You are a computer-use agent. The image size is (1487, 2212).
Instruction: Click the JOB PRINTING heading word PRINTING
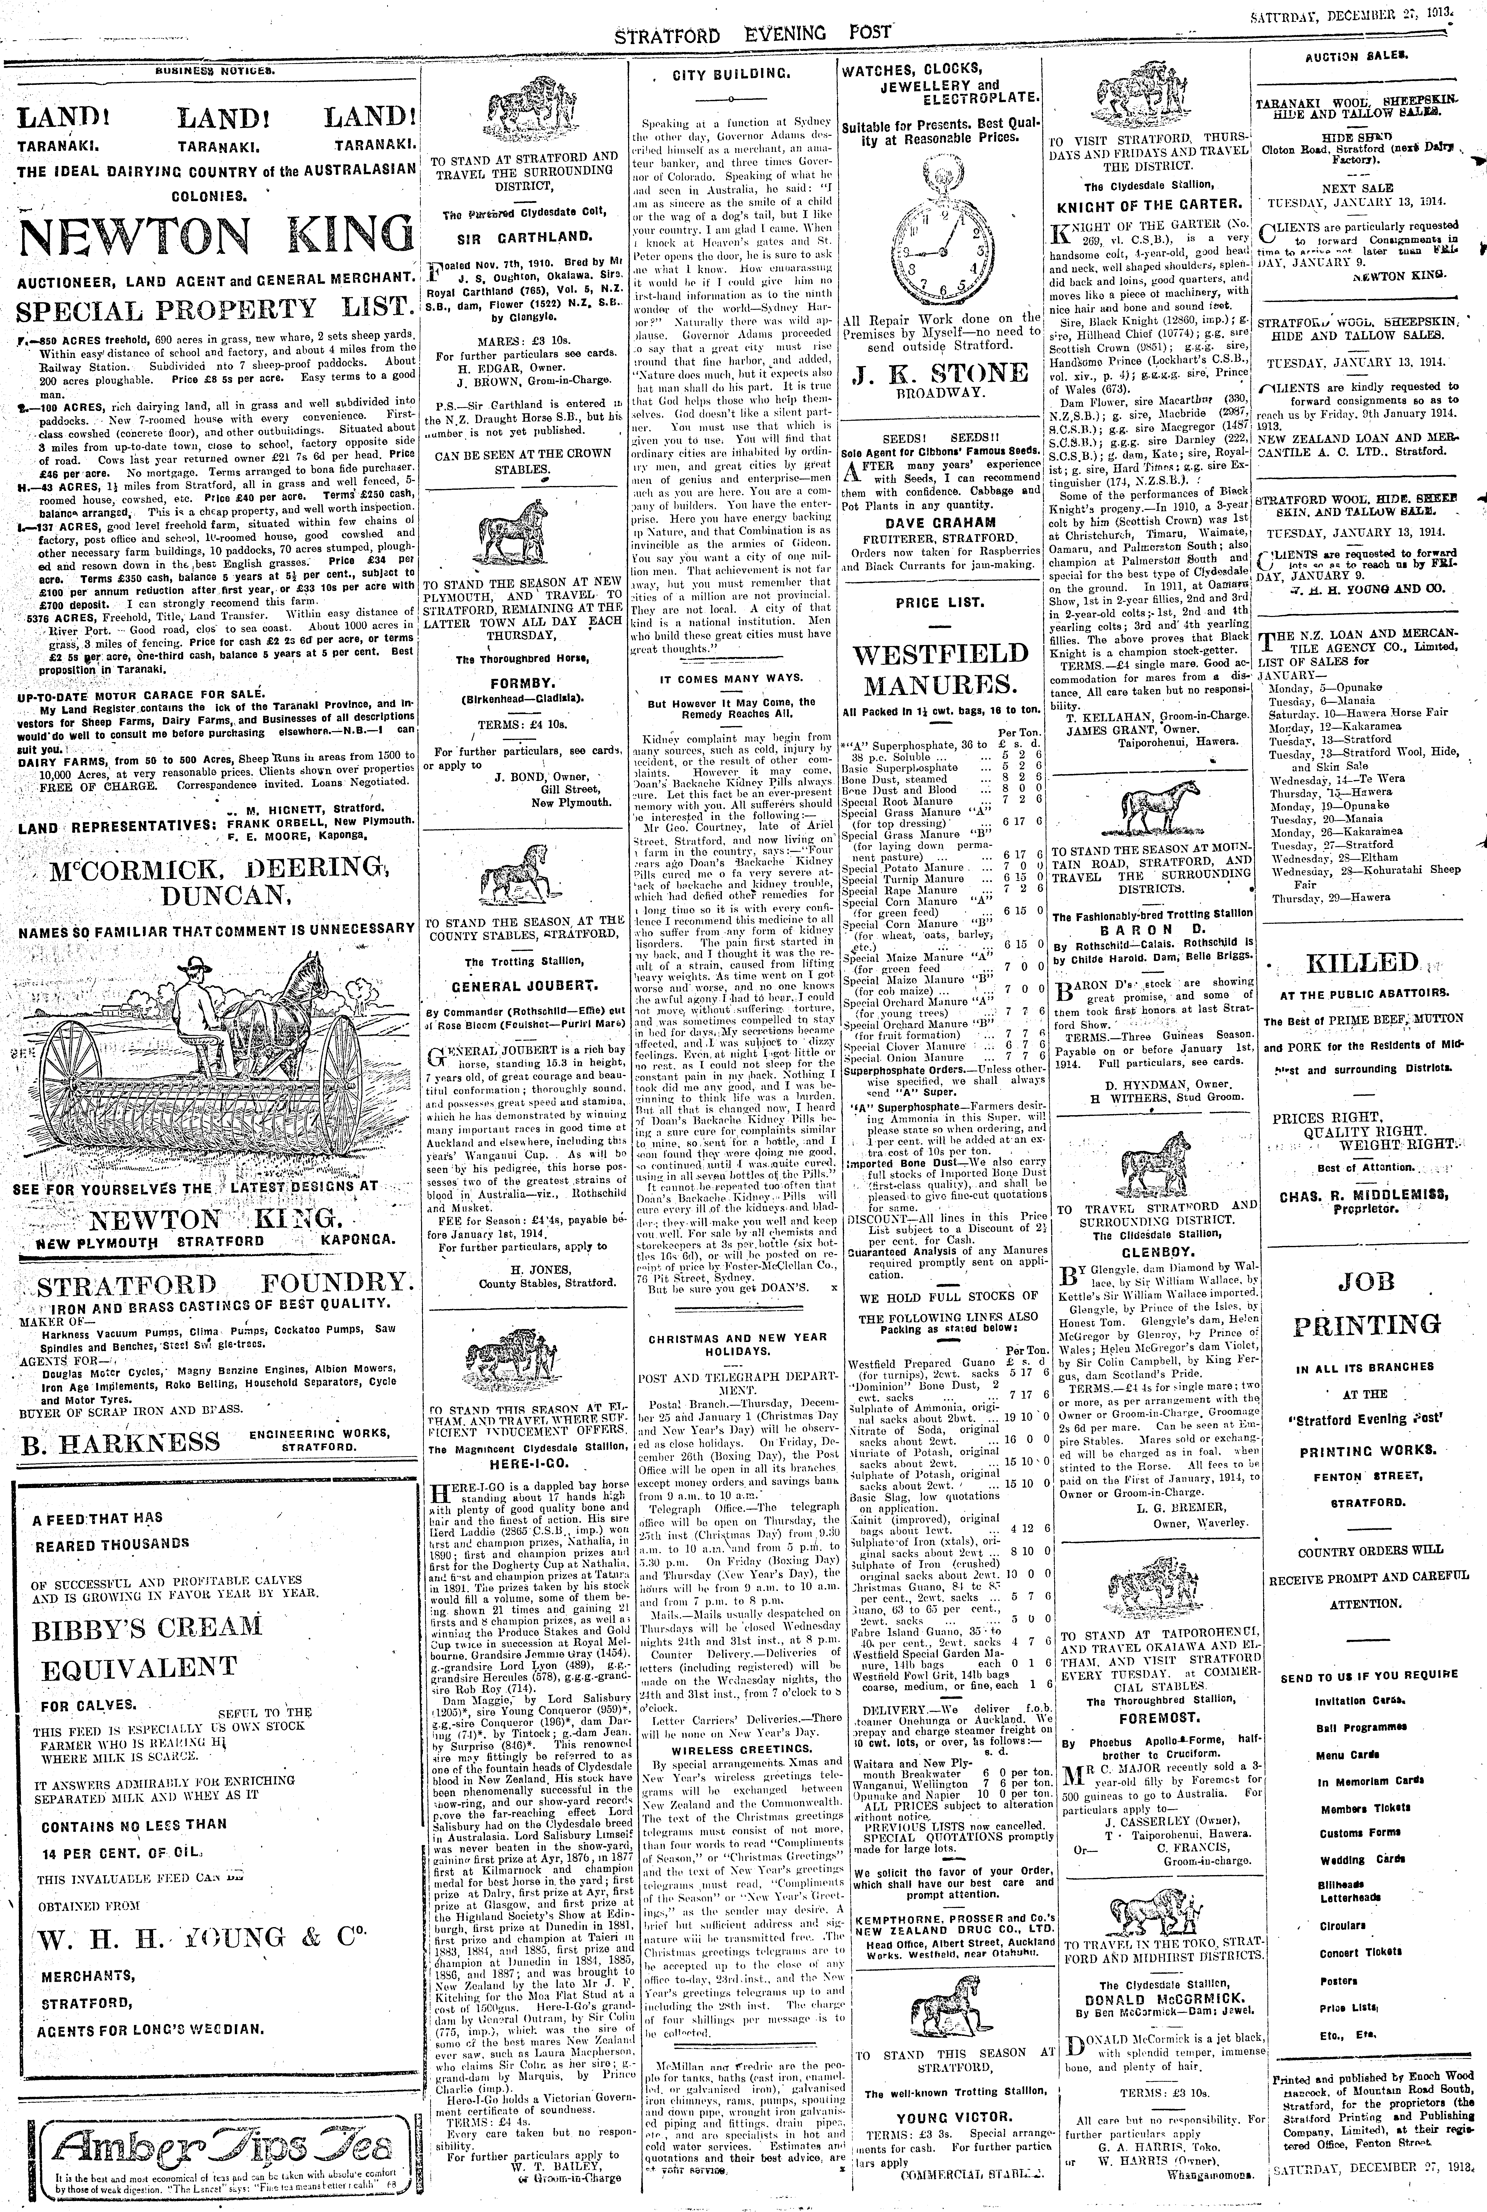pos(1366,1325)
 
